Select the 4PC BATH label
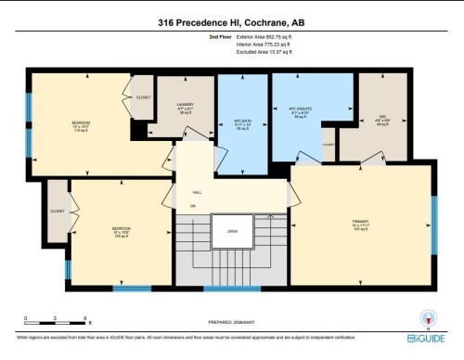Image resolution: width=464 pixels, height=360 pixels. (x=243, y=122)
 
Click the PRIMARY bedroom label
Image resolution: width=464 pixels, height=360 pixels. (x=361, y=222)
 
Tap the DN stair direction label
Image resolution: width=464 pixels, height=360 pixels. (x=193, y=205)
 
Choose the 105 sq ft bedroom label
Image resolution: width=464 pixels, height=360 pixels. (x=121, y=230)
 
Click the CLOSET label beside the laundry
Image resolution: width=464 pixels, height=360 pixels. (x=143, y=97)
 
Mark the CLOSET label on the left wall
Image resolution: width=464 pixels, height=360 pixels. (x=58, y=211)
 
